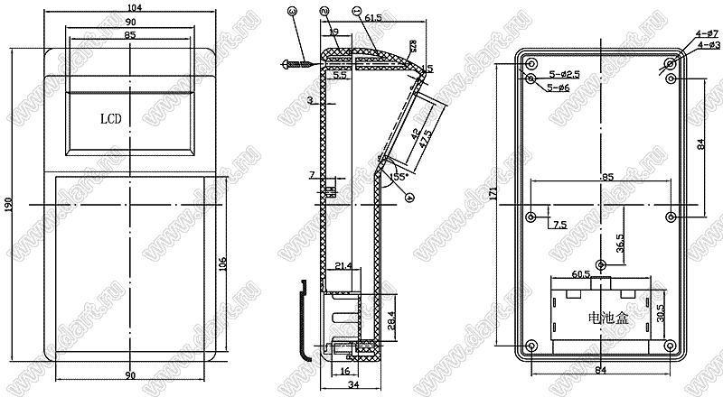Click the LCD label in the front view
pyautogui.click(x=110, y=118)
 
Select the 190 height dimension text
pyautogui.click(x=9, y=207)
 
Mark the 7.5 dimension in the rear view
pyautogui.click(x=560, y=224)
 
